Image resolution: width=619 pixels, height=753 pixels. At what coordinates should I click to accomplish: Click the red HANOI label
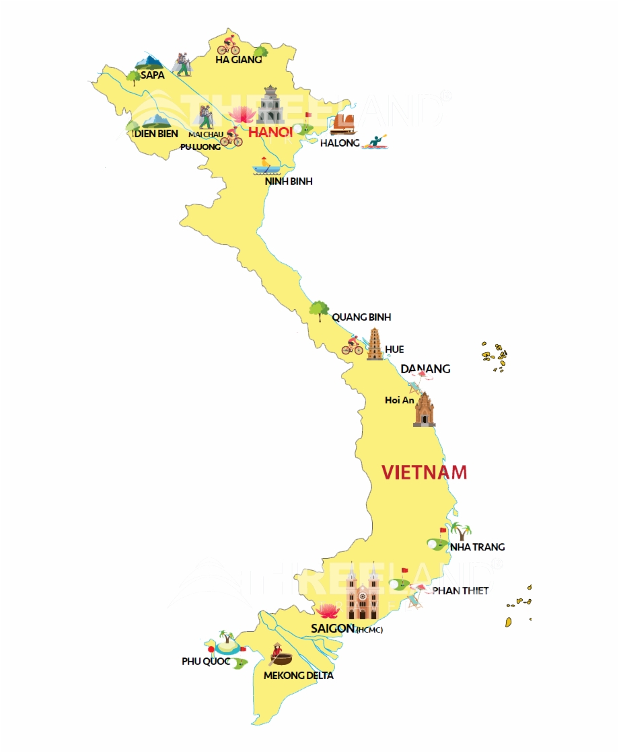tap(270, 132)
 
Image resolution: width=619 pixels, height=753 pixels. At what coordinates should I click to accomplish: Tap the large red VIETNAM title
tap(424, 472)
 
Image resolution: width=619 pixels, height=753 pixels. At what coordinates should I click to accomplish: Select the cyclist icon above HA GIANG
tap(229, 45)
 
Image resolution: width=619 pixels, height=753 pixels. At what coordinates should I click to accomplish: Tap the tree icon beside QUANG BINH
tap(318, 311)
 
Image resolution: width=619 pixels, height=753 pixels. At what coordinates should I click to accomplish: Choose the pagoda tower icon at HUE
tap(375, 344)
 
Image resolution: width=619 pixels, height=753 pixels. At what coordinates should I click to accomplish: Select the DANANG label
tap(425, 368)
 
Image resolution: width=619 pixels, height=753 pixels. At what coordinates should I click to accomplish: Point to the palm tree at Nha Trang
tap(461, 530)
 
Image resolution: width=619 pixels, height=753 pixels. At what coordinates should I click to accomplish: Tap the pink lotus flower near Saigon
tap(328, 610)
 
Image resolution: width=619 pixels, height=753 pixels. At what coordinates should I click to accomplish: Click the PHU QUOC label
tap(206, 662)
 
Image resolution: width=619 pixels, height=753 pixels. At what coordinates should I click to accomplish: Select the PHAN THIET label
tap(460, 590)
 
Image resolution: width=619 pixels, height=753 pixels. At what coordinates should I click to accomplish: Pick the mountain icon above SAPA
tap(149, 63)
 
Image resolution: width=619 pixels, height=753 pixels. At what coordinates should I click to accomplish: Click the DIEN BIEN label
tap(155, 134)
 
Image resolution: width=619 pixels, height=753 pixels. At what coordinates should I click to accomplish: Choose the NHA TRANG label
tap(478, 547)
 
